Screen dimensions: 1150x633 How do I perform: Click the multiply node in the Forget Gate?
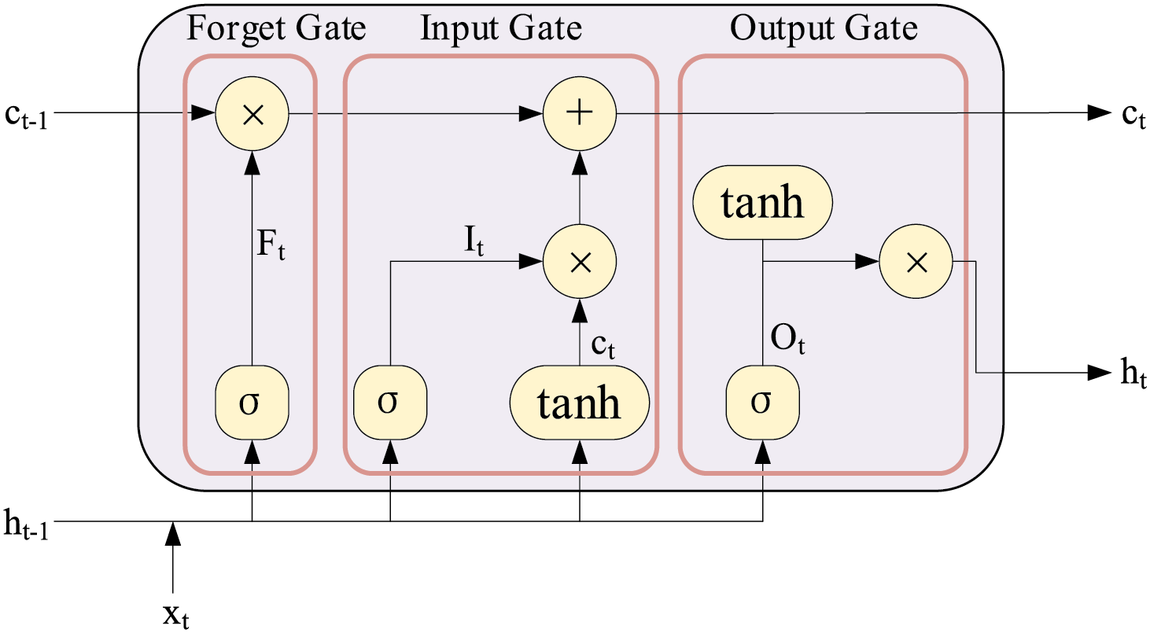(x=252, y=113)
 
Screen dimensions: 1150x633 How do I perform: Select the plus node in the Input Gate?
(x=580, y=113)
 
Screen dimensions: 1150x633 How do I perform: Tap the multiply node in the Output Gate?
(x=916, y=261)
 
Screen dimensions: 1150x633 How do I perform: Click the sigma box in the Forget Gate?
(x=252, y=403)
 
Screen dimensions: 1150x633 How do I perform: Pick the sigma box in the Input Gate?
(x=390, y=403)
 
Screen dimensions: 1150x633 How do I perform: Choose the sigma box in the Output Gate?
(x=762, y=403)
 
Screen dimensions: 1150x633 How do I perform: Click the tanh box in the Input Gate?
(x=580, y=403)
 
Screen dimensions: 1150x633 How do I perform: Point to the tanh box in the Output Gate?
(x=762, y=202)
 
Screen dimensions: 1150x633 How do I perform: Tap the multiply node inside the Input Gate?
(x=580, y=261)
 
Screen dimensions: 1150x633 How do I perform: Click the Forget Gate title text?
(x=276, y=29)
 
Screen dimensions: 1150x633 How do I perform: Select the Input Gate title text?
(x=501, y=29)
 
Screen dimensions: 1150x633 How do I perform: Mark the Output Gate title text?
(x=824, y=29)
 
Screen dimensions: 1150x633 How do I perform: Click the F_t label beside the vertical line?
(x=271, y=245)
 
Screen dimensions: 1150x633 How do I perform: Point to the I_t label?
(x=474, y=241)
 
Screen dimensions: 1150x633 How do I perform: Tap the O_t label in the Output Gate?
(x=788, y=340)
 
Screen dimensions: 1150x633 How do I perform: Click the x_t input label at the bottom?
(x=176, y=615)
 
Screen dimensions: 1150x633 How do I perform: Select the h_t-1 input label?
(x=26, y=524)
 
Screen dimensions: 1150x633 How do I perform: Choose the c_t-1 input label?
(x=26, y=116)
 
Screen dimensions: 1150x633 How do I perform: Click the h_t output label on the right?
(x=1133, y=374)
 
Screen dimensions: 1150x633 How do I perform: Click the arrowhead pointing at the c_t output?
(x=1100, y=113)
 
